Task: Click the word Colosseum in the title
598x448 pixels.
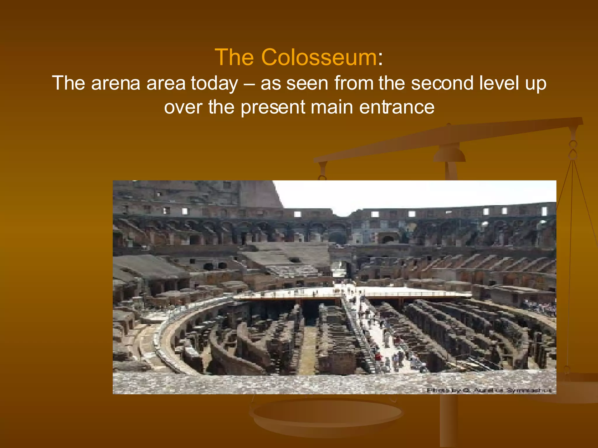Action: pos(319,57)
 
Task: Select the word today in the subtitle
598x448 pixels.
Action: pos(214,84)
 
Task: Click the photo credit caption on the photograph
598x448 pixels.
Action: pos(489,390)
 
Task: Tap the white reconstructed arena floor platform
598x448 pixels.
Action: pos(409,291)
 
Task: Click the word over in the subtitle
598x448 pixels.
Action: pos(183,107)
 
